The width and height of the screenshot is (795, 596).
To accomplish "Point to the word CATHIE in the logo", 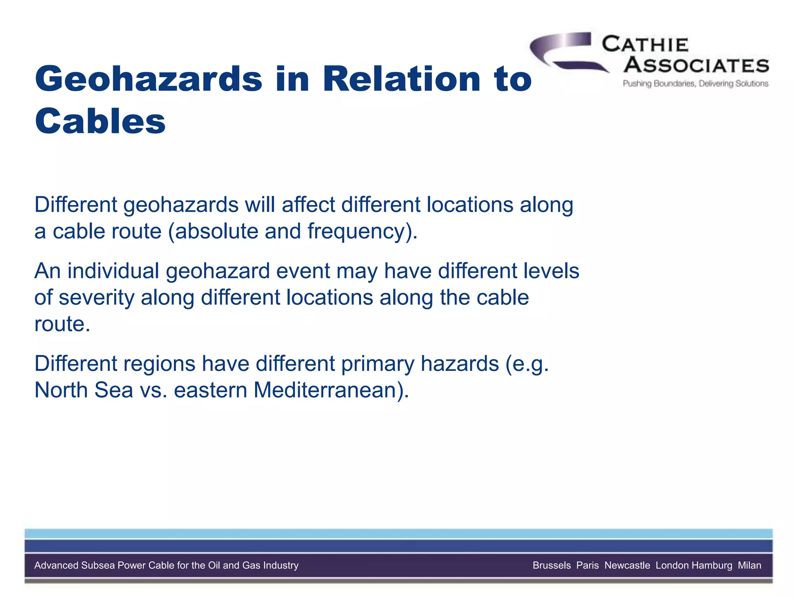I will (645, 45).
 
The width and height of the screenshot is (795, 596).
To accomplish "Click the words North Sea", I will (83, 390).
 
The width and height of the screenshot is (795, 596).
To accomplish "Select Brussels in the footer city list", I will (552, 565).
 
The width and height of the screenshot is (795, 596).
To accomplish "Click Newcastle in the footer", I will (627, 565).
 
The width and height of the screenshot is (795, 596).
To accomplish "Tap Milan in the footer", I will (749, 565).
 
